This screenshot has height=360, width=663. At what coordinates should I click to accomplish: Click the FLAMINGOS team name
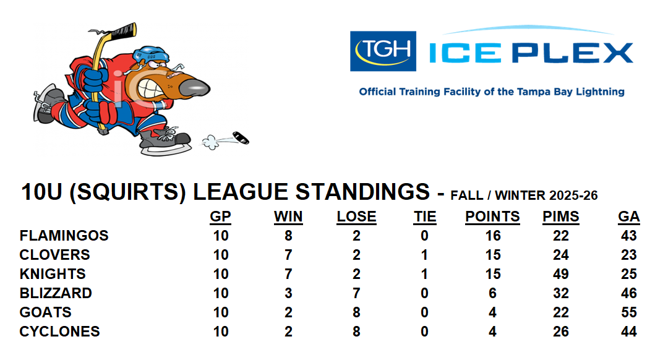click(x=64, y=236)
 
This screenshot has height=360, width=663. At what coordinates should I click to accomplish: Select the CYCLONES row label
click(x=59, y=331)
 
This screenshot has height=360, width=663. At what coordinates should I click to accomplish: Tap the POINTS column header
click(x=492, y=216)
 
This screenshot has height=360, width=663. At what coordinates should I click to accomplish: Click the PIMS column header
click(x=561, y=216)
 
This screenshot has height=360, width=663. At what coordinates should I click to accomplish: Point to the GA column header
click(x=629, y=216)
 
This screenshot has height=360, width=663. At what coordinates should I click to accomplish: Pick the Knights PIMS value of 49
click(x=561, y=274)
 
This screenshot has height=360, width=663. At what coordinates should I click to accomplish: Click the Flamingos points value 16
click(x=492, y=236)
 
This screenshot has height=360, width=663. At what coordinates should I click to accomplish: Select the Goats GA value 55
click(x=629, y=312)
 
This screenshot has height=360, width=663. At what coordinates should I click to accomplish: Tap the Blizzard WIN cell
click(x=288, y=293)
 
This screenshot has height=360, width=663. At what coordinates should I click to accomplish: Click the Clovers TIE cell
click(x=424, y=255)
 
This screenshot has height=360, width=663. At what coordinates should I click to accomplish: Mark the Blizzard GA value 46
click(x=629, y=293)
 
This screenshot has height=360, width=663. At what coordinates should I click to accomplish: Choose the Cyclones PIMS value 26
click(x=561, y=331)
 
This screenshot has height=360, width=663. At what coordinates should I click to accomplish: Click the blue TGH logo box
click(x=383, y=51)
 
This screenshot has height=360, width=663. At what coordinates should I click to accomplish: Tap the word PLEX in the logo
click(x=573, y=53)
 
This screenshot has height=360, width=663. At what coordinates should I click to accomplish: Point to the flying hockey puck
click(x=241, y=138)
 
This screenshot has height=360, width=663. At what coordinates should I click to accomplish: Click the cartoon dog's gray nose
click(x=194, y=87)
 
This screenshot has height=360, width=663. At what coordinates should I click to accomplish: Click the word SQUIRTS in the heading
click(x=127, y=192)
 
